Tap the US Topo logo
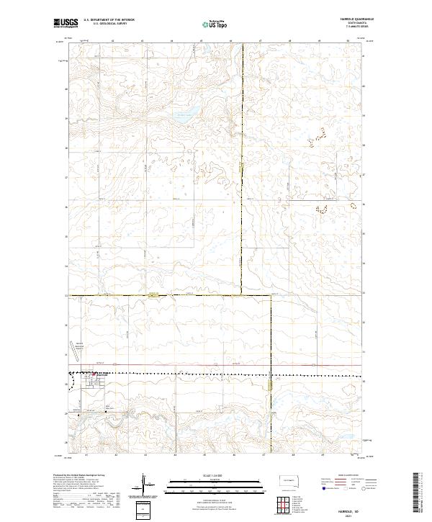[216, 24]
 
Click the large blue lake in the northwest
[186, 114]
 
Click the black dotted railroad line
[216, 374]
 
